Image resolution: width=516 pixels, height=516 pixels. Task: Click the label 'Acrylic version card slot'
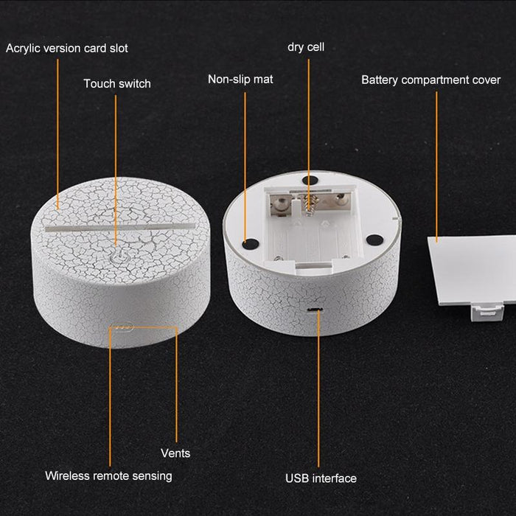pos(67,49)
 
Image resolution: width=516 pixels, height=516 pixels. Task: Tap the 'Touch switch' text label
pos(117,83)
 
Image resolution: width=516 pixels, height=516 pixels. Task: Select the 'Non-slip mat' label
pos(240,79)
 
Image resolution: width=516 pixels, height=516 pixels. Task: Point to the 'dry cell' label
pos(306,46)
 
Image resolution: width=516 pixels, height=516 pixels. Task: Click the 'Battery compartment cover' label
pos(430,80)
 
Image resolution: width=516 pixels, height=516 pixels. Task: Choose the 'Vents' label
pos(175,453)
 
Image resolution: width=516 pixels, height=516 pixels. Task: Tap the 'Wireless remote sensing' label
pos(108,476)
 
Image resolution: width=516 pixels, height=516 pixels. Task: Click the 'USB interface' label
pos(321,478)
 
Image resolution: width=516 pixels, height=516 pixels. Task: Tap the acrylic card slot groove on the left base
pos(120,227)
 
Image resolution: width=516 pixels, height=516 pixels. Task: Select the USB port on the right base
pos(315,310)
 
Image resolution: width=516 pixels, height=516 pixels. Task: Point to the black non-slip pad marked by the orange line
pos(251,244)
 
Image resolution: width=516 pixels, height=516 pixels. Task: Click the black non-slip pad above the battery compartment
pos(310,181)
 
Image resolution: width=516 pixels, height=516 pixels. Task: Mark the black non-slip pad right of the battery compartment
pos(374,240)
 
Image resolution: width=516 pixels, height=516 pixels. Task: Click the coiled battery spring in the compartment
pos(309,204)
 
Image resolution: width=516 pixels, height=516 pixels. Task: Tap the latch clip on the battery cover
pos(487,313)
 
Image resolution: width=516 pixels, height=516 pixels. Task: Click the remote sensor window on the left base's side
pos(122,327)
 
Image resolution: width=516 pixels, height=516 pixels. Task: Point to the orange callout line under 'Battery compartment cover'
pos(436,167)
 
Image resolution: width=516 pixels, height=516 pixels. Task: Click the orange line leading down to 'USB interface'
pos(318,388)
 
